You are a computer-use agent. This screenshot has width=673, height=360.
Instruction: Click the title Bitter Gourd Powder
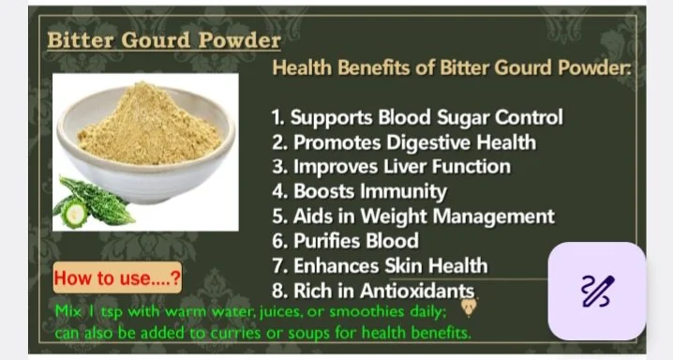click(164, 41)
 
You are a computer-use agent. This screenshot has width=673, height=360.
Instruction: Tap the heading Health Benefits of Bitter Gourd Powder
click(452, 68)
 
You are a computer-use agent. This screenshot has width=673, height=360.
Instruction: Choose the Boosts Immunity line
click(359, 191)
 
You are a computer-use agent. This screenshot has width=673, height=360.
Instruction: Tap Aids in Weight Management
click(412, 217)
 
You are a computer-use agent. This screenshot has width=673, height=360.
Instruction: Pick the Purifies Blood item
click(344, 241)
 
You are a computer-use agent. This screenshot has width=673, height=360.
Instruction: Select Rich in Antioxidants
click(373, 291)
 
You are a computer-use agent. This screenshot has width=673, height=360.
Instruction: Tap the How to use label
click(117, 278)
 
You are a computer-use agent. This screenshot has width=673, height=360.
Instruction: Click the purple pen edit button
click(597, 291)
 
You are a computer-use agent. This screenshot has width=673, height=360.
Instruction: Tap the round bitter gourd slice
click(74, 215)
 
